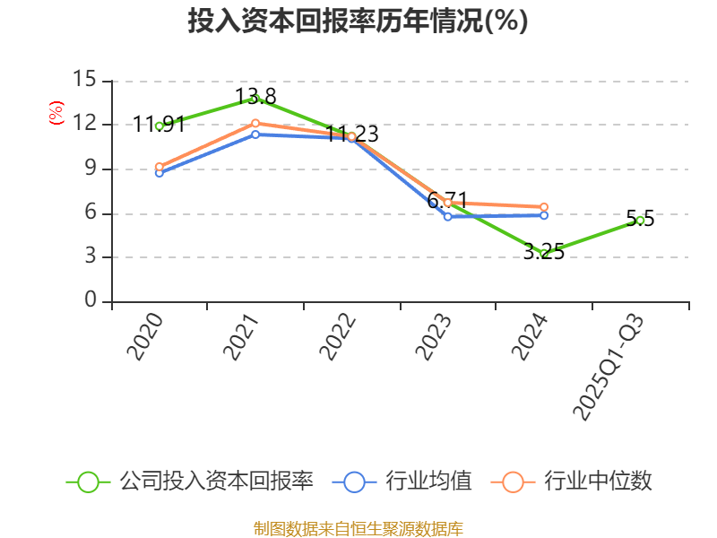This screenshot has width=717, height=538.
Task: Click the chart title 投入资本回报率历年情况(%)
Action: (x=358, y=22)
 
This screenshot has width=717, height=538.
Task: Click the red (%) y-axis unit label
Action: (x=56, y=114)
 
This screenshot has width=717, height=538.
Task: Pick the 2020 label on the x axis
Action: (x=144, y=336)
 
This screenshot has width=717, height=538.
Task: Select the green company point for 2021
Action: (x=256, y=99)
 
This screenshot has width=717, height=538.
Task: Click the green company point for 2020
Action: (x=160, y=126)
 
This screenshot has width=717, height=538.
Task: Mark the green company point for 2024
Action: (x=544, y=254)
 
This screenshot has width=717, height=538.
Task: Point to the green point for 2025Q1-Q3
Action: (x=640, y=220)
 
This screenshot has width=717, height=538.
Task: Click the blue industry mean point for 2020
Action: (x=160, y=172)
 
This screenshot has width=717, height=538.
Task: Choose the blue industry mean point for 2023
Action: (x=448, y=216)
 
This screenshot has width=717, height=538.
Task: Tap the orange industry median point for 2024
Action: (x=544, y=207)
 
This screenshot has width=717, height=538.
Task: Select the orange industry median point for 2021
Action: (x=255, y=123)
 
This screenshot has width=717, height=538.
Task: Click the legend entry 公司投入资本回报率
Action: (x=190, y=482)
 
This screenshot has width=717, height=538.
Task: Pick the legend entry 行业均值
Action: (x=402, y=482)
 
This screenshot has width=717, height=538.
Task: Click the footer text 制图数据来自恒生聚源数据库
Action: (x=358, y=528)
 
